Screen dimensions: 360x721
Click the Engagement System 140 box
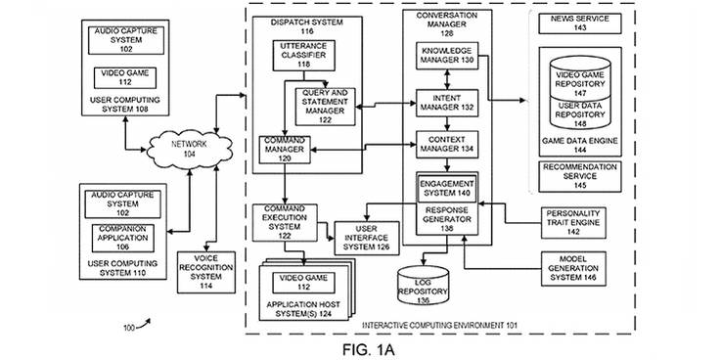click(x=446, y=188)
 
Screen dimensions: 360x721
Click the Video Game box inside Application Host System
click(x=302, y=279)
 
